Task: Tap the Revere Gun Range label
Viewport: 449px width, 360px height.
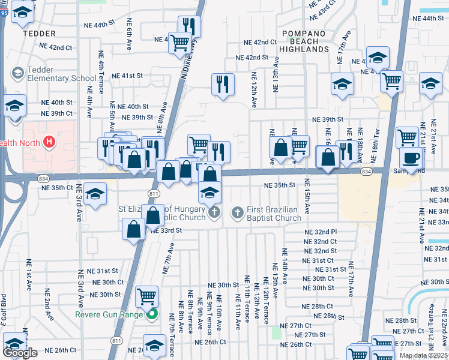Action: click(x=109, y=314)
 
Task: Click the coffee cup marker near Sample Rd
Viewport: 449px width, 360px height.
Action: click(x=411, y=158)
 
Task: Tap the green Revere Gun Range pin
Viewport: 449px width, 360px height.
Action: click(x=152, y=314)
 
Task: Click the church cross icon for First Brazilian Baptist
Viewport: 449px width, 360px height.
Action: click(x=237, y=212)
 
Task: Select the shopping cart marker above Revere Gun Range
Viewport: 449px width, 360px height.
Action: click(x=147, y=296)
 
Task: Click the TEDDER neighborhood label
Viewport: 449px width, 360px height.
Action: click(x=39, y=34)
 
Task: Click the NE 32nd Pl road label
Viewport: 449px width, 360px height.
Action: click(x=321, y=232)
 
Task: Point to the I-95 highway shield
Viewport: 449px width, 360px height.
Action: click(x=3, y=14)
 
